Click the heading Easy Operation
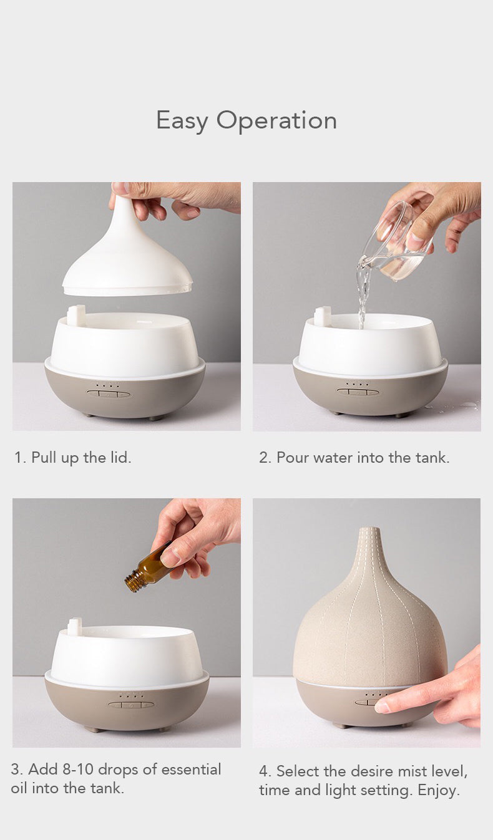[246, 120]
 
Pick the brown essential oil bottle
[150, 569]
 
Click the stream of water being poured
[362, 293]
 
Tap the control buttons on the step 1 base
[109, 393]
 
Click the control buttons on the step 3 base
[130, 705]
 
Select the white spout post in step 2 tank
[323, 316]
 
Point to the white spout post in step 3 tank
[76, 627]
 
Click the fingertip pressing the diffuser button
[382, 707]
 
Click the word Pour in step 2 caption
[293, 458]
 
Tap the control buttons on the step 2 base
[358, 392]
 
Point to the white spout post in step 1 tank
[76, 315]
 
